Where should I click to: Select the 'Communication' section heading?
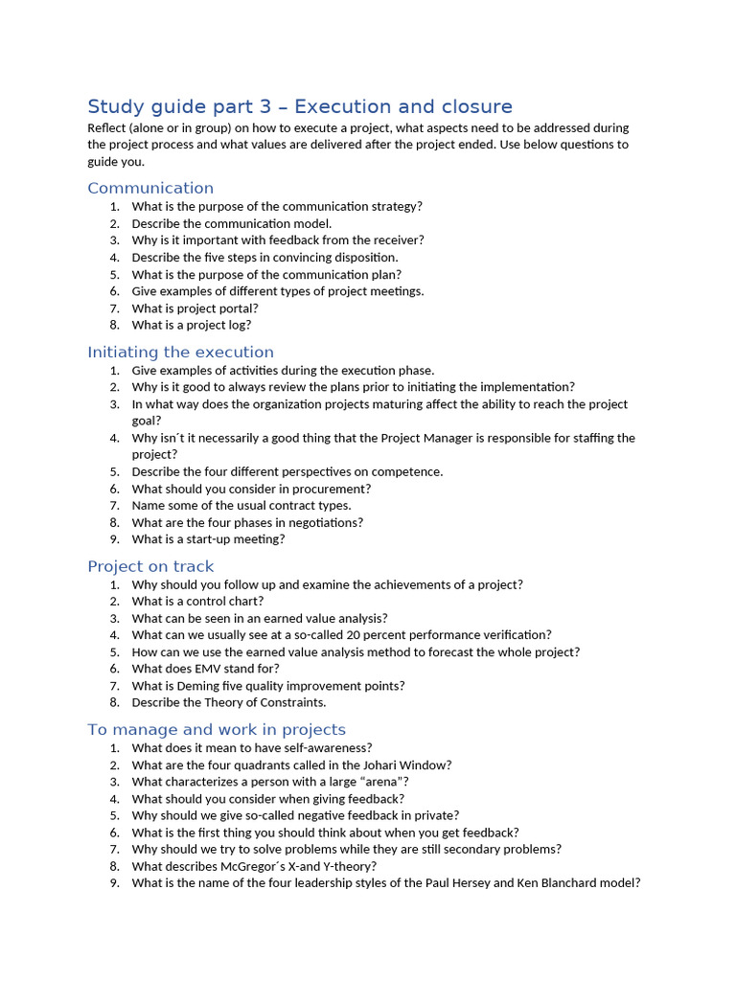pos(150,188)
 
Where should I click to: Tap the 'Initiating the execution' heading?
pos(180,352)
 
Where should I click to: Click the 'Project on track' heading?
pos(150,566)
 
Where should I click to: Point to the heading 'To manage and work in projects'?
pos(217,730)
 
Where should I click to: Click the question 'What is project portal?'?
pos(195,308)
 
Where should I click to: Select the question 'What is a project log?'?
pos(192,325)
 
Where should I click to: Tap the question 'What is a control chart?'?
pos(197,602)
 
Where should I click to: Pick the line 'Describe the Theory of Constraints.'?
pos(229,702)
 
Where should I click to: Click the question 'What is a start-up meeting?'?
pos(208,539)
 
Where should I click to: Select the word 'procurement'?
pos(333,489)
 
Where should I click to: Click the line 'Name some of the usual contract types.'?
pos(241,506)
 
